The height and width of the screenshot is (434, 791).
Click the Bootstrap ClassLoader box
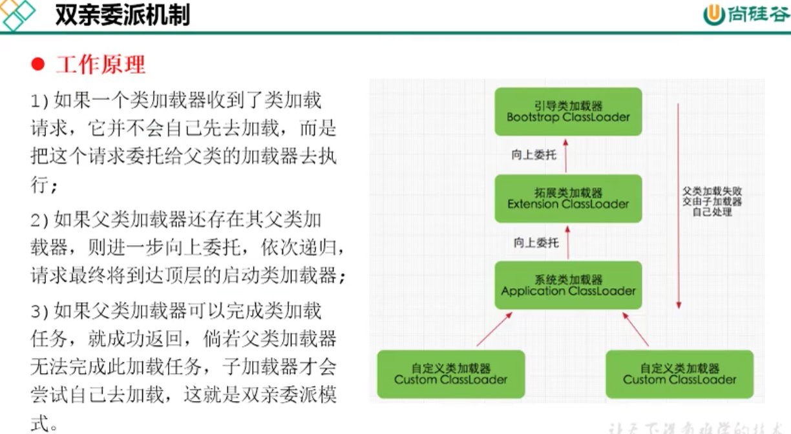[568, 112]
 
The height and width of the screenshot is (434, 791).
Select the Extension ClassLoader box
[568, 198]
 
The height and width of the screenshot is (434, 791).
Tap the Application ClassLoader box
[568, 285]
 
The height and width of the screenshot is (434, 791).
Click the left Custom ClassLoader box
[450, 374]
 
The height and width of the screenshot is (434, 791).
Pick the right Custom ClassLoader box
[679, 374]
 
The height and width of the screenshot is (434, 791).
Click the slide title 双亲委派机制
[122, 15]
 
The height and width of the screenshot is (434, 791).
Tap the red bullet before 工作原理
[37, 65]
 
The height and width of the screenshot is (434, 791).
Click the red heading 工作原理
[101, 65]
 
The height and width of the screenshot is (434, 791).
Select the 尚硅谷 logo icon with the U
[713, 15]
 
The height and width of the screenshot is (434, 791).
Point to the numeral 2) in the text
[40, 220]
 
